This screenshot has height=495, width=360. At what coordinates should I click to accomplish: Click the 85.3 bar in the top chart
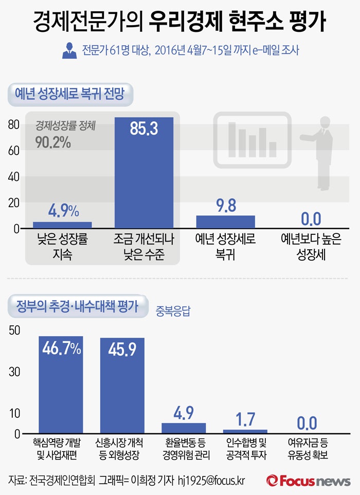pos(143,173)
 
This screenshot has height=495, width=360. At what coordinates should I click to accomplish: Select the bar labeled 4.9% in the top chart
pos(62,225)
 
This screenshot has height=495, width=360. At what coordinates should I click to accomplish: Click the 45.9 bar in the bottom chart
pos(122,386)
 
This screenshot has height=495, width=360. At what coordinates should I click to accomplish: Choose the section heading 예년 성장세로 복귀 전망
pos(71,94)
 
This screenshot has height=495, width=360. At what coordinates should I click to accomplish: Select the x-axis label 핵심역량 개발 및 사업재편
pos(61,448)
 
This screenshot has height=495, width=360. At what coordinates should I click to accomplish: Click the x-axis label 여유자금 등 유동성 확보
pos(307,448)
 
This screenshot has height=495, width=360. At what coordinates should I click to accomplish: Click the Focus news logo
pos(308,481)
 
